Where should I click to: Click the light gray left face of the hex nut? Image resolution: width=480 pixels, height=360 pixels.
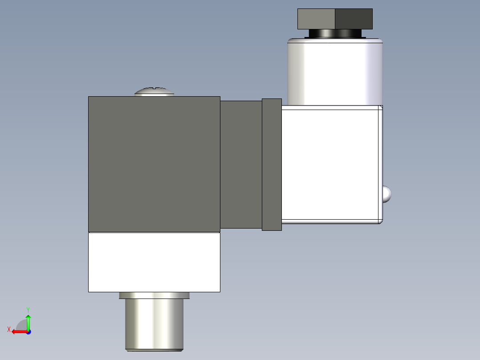coord(316,19)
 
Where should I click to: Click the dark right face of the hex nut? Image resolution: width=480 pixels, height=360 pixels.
coord(353,19)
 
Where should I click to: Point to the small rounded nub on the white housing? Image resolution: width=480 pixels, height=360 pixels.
coord(387,194)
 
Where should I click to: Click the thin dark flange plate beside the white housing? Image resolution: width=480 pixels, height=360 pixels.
coord(272,164)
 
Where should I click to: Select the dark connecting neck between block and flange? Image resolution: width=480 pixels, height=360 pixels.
coord(241,164)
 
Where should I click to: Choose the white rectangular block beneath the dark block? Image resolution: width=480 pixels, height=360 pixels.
coord(154,262)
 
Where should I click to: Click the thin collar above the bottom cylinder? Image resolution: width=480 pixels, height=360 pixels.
coord(154,295)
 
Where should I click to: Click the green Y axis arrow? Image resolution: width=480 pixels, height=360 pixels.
coord(28,321)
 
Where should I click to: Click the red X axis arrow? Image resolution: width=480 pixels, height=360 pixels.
coord(18,331)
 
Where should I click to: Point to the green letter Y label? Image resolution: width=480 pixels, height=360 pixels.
coord(28,309)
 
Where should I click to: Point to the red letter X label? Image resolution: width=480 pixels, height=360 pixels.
coord(8,329)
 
